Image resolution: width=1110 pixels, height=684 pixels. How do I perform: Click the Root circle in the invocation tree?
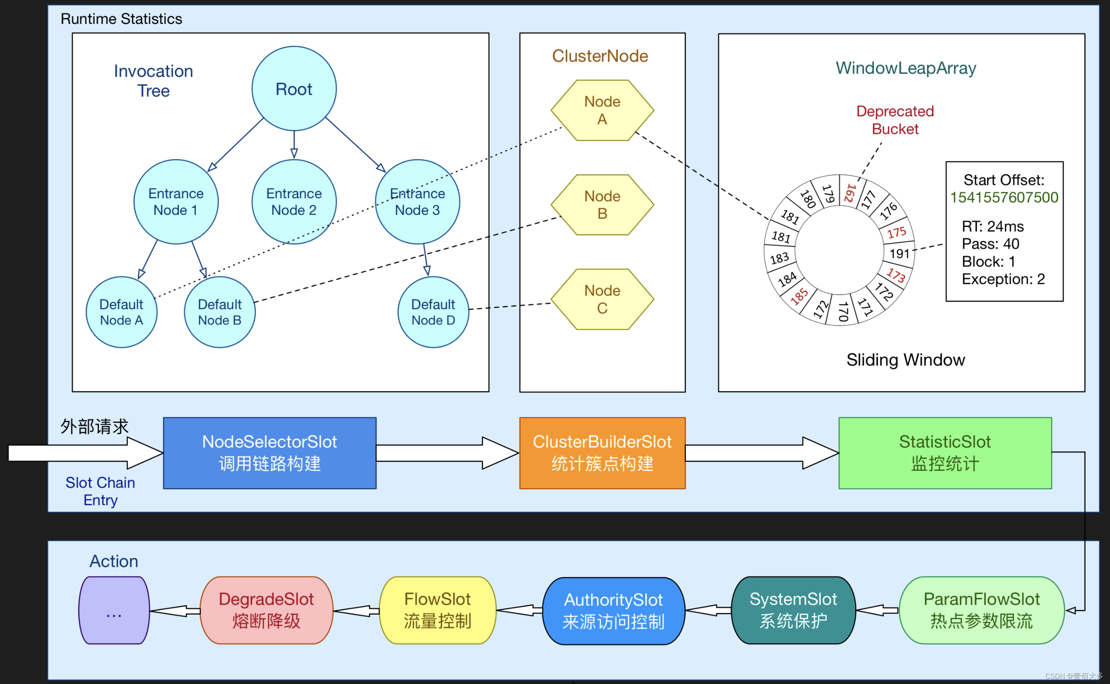[294, 89]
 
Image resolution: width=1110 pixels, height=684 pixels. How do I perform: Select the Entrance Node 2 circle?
[294, 202]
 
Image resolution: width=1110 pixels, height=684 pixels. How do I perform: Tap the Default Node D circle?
[433, 312]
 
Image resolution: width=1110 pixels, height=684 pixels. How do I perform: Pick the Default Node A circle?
[121, 312]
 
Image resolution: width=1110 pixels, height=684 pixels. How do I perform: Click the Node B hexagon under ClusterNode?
[602, 205]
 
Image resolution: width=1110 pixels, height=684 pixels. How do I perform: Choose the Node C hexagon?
[602, 300]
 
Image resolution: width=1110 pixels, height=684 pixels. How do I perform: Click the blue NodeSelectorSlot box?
[270, 453]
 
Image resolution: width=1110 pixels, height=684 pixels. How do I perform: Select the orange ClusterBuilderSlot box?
[602, 453]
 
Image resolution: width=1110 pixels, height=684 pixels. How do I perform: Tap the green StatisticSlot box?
[944, 453]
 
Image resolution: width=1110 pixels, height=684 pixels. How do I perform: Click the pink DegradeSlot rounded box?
[266, 610]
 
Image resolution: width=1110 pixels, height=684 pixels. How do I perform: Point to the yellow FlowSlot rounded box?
[437, 610]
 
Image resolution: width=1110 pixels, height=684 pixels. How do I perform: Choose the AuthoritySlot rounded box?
[613, 611]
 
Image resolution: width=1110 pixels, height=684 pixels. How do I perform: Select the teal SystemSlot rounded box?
[793, 610]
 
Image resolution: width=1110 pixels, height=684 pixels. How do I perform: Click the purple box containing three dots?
[114, 610]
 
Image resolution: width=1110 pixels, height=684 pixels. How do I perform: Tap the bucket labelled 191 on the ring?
[899, 253]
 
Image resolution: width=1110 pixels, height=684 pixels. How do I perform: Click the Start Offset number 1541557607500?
[1004, 198]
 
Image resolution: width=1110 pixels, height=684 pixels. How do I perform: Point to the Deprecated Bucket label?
[895, 120]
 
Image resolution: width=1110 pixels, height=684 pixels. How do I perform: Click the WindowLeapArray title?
[905, 68]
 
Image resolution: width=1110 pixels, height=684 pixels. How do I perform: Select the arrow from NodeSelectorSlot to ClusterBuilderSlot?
[448, 453]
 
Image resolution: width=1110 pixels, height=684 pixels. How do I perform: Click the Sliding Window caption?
[905, 360]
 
